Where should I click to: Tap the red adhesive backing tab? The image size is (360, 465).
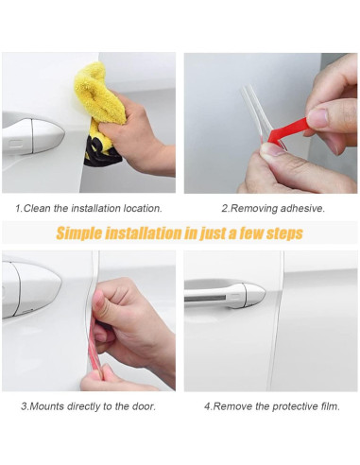288,130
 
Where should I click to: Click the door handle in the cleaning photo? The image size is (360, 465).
33,136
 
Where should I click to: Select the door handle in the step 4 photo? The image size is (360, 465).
225,295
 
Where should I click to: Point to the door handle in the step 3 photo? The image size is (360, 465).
31,289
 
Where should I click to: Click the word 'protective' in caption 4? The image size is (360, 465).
294,406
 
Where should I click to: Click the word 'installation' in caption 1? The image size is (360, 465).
95,208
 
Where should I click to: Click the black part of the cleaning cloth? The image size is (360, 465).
101,152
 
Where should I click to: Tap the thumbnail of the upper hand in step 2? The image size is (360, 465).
317,117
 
